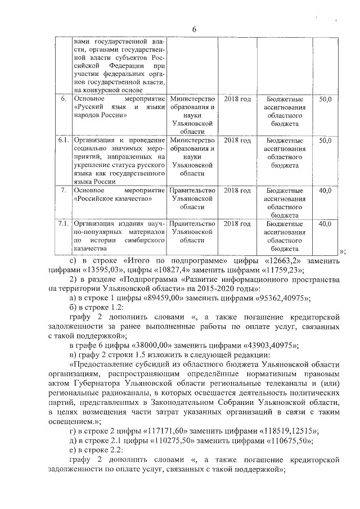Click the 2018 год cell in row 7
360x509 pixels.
pos(237,191)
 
